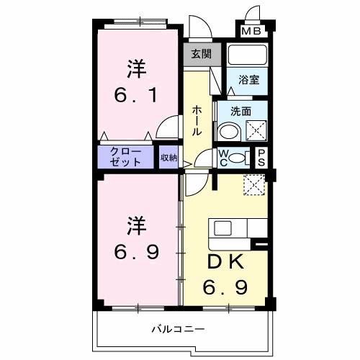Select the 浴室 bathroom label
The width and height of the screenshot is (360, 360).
click(x=248, y=81)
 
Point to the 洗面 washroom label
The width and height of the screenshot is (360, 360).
click(x=240, y=112)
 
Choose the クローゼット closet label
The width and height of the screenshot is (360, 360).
click(x=125, y=156)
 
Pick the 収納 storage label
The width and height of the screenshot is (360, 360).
click(x=168, y=156)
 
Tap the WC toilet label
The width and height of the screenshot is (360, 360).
click(x=223, y=156)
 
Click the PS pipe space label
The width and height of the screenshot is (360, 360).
click(x=262, y=156)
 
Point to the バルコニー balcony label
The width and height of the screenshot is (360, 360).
click(x=177, y=330)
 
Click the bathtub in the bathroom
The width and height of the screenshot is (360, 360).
click(x=247, y=56)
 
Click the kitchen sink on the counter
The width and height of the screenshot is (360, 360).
click(x=222, y=228)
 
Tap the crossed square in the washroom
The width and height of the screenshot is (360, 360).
click(x=256, y=130)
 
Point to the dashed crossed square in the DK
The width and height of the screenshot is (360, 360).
click(x=253, y=184)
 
